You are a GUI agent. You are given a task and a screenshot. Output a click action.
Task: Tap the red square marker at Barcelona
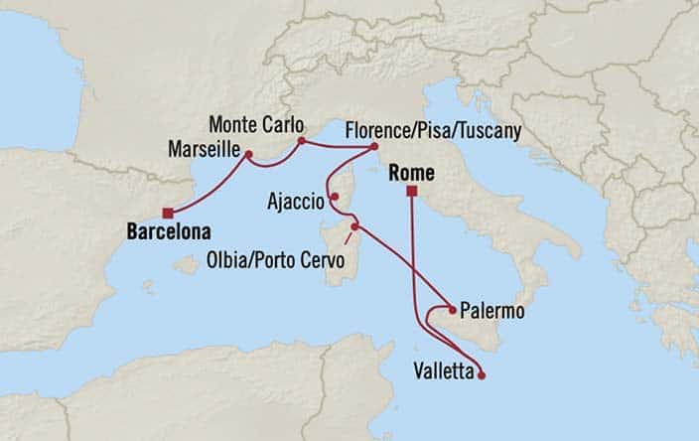coord(170,211)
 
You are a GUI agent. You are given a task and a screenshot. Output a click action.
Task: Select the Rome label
coord(405,172)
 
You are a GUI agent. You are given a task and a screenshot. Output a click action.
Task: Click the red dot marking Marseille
coord(249,154)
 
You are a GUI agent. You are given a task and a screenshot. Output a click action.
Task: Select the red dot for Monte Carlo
coord(301,141)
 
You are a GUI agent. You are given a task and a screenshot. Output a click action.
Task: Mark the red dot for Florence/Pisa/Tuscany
coord(374,148)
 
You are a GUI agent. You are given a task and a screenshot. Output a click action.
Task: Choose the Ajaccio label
coord(296,202)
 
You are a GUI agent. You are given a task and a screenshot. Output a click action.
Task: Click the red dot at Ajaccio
coord(336,196)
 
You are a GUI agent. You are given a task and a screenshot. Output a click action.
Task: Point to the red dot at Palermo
coord(453,308)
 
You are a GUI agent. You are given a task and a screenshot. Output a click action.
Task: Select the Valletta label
coord(441,372)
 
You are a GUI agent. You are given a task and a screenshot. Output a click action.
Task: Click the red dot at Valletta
coord(482,375)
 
